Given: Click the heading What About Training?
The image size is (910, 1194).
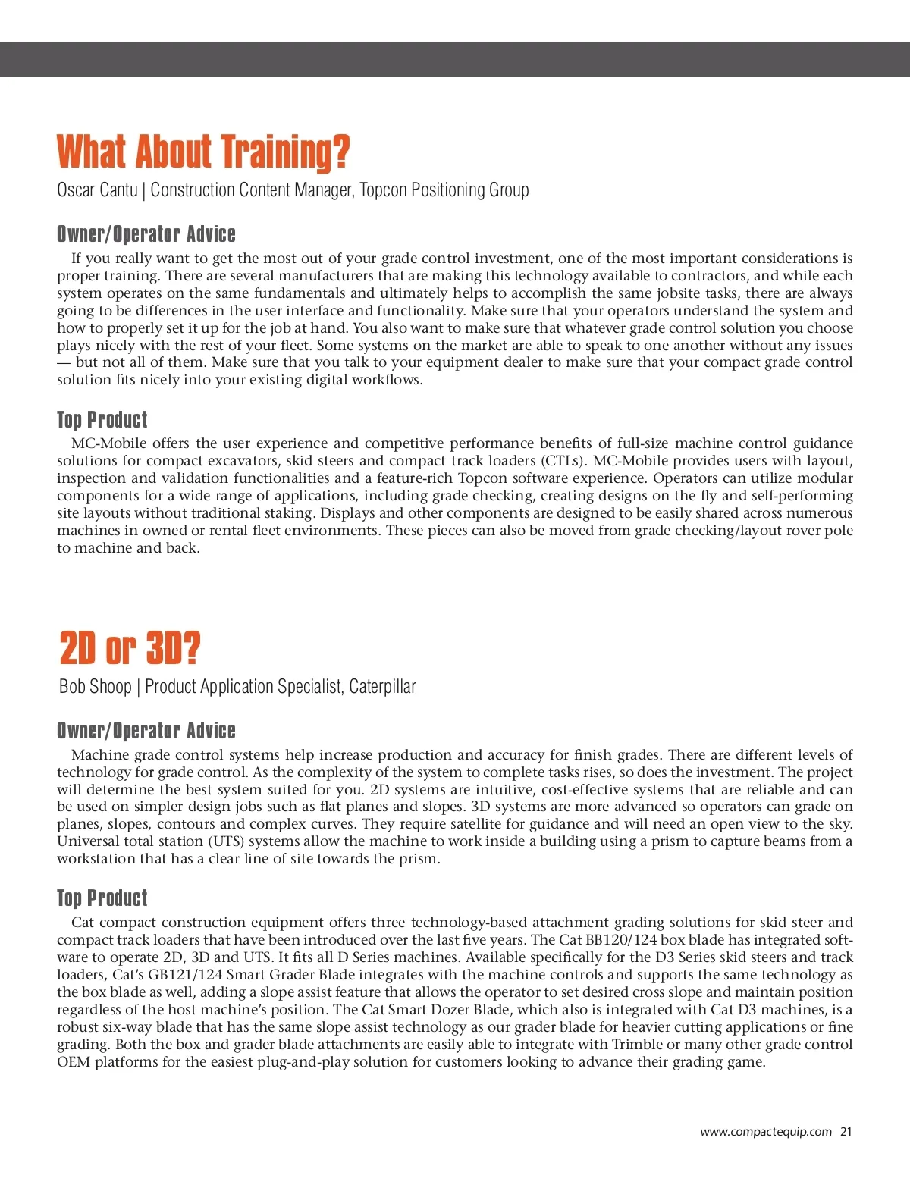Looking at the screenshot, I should (203, 152).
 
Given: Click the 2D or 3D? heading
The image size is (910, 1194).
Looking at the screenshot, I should (130, 648).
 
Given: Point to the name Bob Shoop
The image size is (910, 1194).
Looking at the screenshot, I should (96, 687).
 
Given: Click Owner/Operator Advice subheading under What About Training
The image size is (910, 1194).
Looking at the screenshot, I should (146, 233).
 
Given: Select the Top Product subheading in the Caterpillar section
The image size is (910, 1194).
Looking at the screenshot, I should (102, 898).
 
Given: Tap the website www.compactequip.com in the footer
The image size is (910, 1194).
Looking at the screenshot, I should (766, 1132).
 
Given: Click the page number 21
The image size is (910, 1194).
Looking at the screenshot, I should (846, 1132).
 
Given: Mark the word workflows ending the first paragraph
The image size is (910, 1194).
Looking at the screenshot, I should (387, 380).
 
